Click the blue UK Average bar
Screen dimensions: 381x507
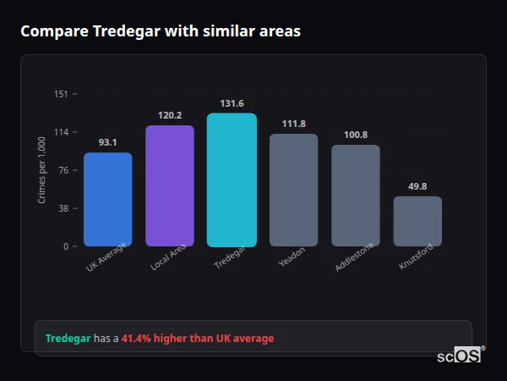coord(107,200)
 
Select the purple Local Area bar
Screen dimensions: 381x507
coord(170,186)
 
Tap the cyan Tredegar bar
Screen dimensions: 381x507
coord(232,179)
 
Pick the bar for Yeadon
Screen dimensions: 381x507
coord(294,190)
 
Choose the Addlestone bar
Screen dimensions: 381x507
coord(356,196)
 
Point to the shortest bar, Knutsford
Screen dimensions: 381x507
coord(417,222)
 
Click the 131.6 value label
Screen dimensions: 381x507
coord(232,103)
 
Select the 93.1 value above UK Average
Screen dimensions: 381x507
coord(107,142)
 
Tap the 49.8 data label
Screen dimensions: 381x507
coord(417,186)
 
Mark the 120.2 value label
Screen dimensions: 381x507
coord(170,115)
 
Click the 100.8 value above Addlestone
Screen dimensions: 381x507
coord(356,135)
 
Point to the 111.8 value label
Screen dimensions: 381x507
coord(294,124)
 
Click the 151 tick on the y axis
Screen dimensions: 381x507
coord(61,94)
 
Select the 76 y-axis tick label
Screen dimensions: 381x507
coord(63,170)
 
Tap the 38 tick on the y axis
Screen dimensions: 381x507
coord(63,208)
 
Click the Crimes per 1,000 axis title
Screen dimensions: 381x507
coord(42,170)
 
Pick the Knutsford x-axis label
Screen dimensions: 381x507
coord(417,257)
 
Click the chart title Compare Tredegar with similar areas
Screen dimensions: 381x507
coord(161,31)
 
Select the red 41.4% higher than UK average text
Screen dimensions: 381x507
coord(198,339)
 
